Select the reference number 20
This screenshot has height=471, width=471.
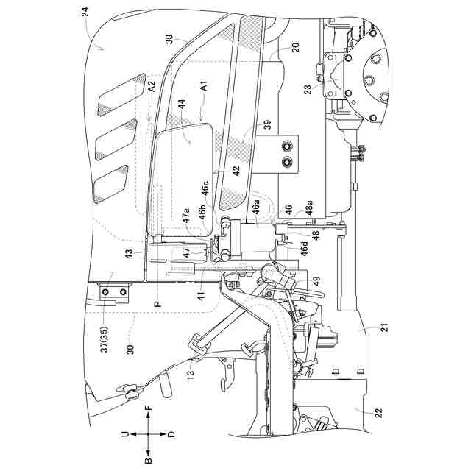[x=274, y=46]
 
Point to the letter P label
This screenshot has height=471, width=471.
[x=157, y=302]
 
